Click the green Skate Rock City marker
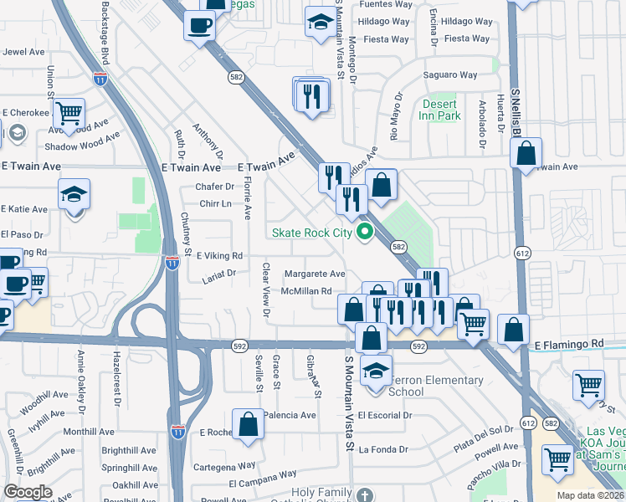click(364, 232)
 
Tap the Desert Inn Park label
click(441, 110)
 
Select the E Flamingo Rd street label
click(568, 344)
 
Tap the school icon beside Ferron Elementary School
click(377, 369)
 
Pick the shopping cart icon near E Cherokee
click(69, 111)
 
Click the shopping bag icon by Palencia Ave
click(249, 423)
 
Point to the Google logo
click(28, 492)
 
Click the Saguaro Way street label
click(450, 75)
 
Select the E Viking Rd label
click(218, 255)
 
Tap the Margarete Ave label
click(314, 274)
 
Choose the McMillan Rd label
click(312, 291)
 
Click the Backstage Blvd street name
click(105, 33)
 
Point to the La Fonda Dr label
click(383, 449)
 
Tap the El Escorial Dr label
click(385, 415)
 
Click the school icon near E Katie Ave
click(74, 197)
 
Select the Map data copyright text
click(589, 495)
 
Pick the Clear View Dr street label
click(266, 290)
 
